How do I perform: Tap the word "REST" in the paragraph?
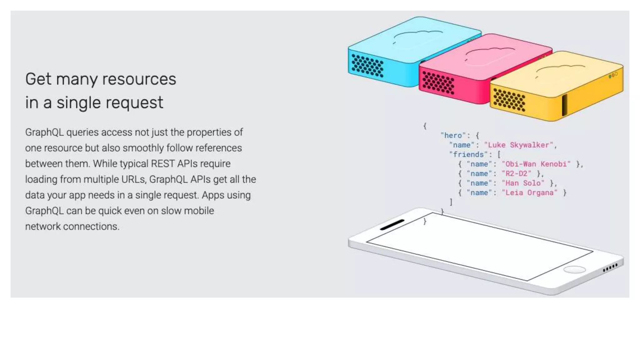click(164, 164)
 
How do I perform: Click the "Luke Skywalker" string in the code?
click(518, 145)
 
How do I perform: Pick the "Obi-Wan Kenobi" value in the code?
click(536, 164)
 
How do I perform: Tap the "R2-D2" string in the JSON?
click(516, 174)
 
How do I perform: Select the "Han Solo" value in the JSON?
click(523, 183)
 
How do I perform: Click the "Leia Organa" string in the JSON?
click(529, 193)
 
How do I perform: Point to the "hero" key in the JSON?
click(453, 135)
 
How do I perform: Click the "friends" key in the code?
click(468, 154)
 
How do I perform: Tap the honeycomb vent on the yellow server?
click(509, 100)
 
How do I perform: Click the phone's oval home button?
click(574, 269)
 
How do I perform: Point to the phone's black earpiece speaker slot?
click(392, 225)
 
